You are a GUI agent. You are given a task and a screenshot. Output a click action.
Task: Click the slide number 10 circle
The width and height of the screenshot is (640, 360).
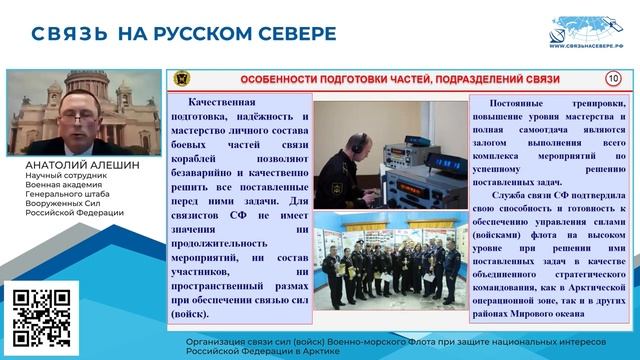point(613,79)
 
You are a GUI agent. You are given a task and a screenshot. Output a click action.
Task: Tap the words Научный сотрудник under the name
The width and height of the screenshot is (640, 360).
point(60,177)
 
